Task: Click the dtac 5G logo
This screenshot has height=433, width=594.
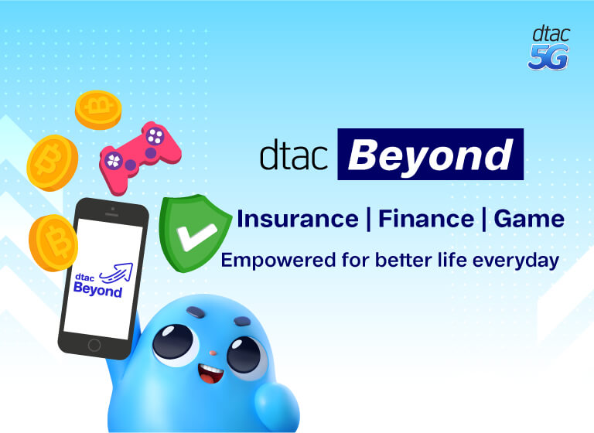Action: tap(550, 48)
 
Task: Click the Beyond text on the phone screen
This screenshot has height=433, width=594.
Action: tap(98, 291)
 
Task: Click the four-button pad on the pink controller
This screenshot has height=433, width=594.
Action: tap(155, 137)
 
